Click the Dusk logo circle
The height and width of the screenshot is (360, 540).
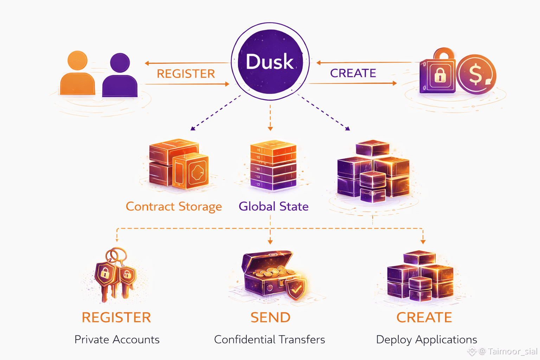pos(270,62)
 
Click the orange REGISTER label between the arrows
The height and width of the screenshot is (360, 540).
pos(186,74)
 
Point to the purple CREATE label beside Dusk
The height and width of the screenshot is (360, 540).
pos(353,73)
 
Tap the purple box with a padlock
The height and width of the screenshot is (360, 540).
pos(438,75)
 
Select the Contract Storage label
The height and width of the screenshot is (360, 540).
pos(174,206)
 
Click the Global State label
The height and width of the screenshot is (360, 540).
pos(274,206)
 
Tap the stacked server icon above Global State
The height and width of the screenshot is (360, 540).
pos(273,165)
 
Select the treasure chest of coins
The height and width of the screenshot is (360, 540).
pos(269,274)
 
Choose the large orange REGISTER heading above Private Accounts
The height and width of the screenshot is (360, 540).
pos(116,317)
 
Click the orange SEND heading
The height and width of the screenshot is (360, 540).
pos(270,317)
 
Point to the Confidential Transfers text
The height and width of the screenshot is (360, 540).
pos(270,340)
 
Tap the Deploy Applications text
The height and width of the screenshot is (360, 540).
pos(426,340)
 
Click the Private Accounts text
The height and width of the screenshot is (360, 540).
pos(117,340)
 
